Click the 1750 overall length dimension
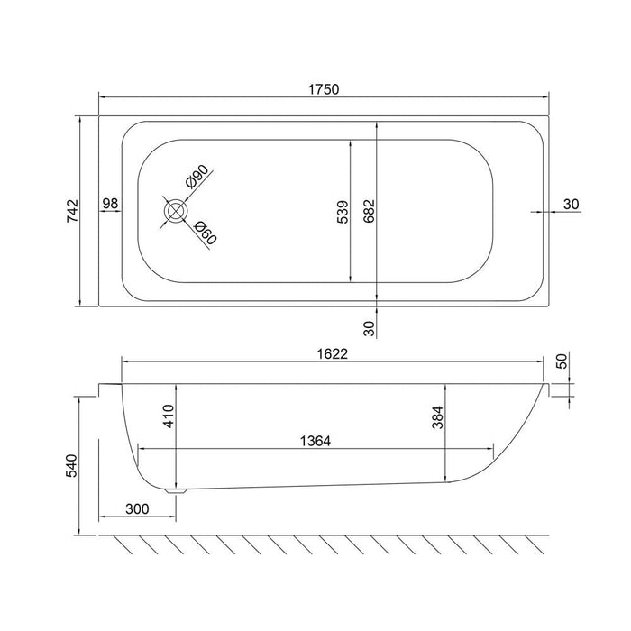pyautogui.click(x=323, y=87)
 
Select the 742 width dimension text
pyautogui.click(x=76, y=210)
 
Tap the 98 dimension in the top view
pyautogui.click(x=111, y=204)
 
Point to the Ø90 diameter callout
pyautogui.click(x=197, y=176)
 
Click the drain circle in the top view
pyautogui.click(x=175, y=211)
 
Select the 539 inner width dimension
pyautogui.click(x=342, y=211)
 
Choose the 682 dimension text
pyautogui.click(x=369, y=211)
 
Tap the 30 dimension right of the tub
pyautogui.click(x=571, y=204)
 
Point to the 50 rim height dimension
pyautogui.click(x=562, y=361)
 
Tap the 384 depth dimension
pyautogui.click(x=438, y=417)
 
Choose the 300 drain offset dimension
pyautogui.click(x=137, y=509)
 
